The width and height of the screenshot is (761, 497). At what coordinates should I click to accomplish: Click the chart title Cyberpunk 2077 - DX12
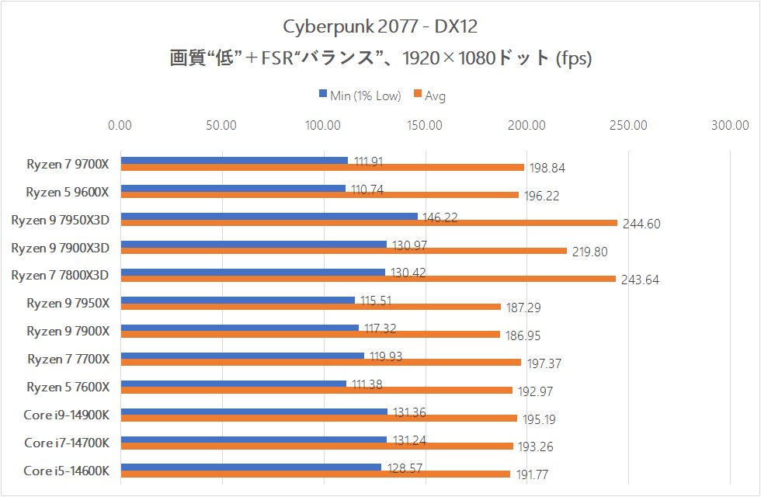(380, 27)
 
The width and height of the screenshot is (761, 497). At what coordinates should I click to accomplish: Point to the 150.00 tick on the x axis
(425, 124)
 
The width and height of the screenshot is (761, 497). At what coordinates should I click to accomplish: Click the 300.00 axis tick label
(729, 124)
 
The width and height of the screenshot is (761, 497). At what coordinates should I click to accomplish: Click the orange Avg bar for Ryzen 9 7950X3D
(369, 223)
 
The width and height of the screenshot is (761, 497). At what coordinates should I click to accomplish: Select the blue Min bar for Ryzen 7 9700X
(235, 161)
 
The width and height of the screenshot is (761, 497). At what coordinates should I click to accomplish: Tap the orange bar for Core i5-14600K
(315, 474)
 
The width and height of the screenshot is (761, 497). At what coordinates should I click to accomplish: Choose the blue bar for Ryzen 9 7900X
(240, 328)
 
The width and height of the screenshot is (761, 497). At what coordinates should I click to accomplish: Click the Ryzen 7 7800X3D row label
(61, 275)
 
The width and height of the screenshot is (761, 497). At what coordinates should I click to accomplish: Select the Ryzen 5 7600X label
(68, 387)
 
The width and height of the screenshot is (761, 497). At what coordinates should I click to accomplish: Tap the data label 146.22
(440, 219)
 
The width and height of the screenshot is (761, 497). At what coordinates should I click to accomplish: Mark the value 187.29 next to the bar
(523, 308)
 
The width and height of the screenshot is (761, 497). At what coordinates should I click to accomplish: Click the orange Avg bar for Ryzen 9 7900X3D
(344, 250)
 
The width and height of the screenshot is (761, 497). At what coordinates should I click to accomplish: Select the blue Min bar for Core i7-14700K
(254, 440)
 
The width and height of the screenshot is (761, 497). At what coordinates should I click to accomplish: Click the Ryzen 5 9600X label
(68, 191)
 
